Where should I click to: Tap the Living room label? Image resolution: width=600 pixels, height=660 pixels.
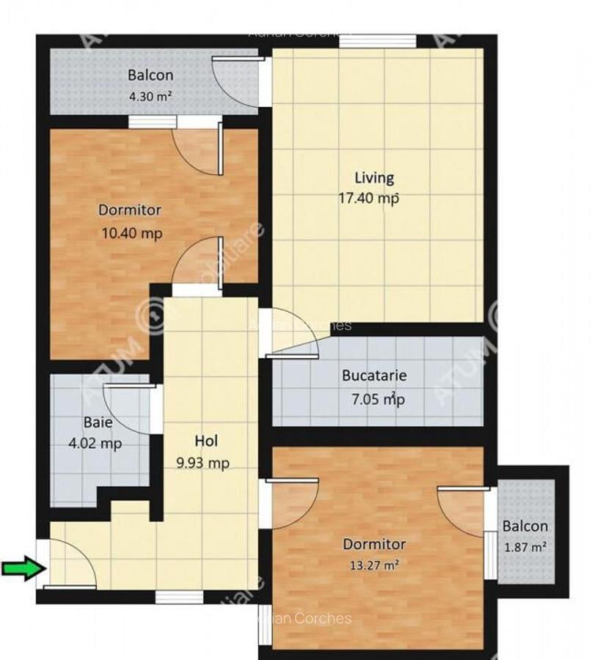click(374, 177)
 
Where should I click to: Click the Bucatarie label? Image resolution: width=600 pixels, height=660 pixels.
click(374, 376)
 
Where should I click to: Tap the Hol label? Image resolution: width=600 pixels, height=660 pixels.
click(206, 441)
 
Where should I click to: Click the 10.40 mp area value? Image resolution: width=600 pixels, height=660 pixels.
click(131, 233)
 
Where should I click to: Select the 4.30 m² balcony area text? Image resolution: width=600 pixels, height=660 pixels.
click(150, 95)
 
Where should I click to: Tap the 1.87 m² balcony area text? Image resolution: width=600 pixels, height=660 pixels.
click(525, 546)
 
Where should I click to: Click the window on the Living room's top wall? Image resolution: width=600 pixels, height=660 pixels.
click(378, 41)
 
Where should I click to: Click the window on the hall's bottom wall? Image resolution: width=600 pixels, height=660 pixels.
click(179, 597)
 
